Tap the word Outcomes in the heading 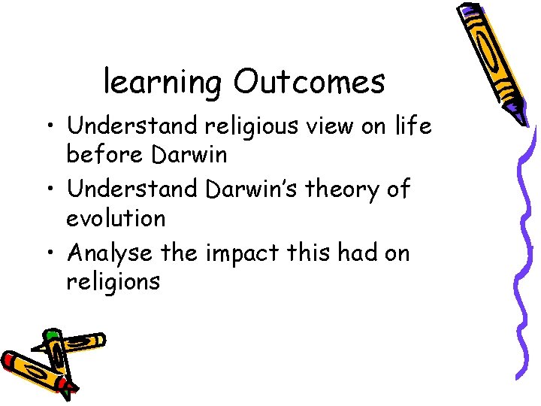[x=309, y=81]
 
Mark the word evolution [x=116, y=219]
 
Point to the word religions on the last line [x=113, y=283]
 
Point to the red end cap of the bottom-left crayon [x=9, y=360]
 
